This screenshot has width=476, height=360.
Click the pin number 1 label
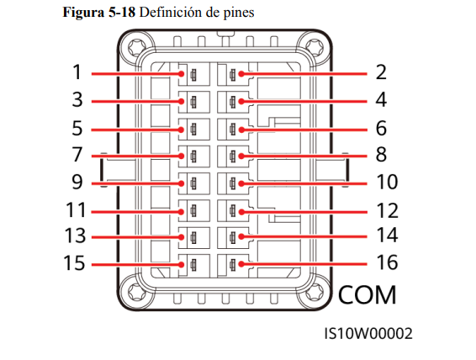(x=77, y=72)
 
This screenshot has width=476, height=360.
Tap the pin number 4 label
(x=381, y=99)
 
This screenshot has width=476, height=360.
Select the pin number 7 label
(x=77, y=155)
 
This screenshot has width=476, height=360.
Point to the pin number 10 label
(x=387, y=183)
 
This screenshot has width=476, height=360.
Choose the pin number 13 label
(x=76, y=236)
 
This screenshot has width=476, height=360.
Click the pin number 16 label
(x=387, y=262)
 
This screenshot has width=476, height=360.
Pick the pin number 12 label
(x=388, y=210)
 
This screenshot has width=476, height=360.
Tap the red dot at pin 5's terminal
(x=181, y=130)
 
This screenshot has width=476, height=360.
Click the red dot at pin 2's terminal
(x=241, y=74)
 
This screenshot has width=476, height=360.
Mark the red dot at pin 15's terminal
(x=181, y=265)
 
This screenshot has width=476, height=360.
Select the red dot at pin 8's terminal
(x=241, y=156)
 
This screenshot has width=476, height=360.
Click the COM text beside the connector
(x=368, y=294)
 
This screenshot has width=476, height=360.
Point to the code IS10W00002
(x=368, y=334)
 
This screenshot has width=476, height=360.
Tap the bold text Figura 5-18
(x=99, y=13)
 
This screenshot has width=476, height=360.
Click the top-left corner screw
(x=135, y=47)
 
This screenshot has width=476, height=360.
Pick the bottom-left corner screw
(x=135, y=292)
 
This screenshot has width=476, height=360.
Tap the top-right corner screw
(x=314, y=47)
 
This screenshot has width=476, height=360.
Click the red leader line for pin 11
(x=136, y=212)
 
